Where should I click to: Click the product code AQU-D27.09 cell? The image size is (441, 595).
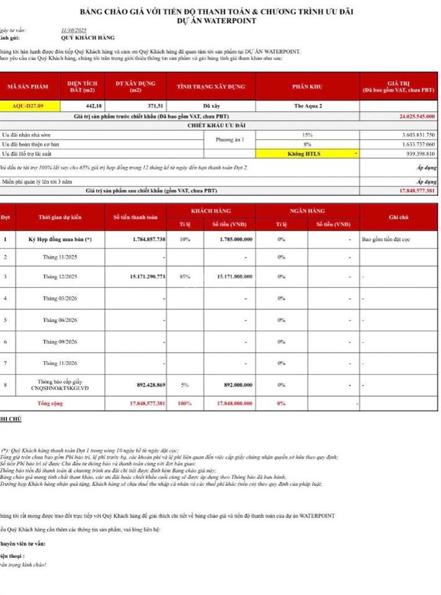pyautogui.click(x=28, y=106)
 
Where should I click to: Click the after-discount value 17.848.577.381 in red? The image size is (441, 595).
pyautogui.click(x=409, y=190)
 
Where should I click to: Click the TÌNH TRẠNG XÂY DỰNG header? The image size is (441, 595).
pyautogui.click(x=211, y=87)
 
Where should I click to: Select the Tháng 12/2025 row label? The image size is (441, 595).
pyautogui.click(x=60, y=276)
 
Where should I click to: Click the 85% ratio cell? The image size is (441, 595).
pyautogui.click(x=185, y=276)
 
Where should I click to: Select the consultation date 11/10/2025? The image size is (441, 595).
pyautogui.click(x=74, y=30)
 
